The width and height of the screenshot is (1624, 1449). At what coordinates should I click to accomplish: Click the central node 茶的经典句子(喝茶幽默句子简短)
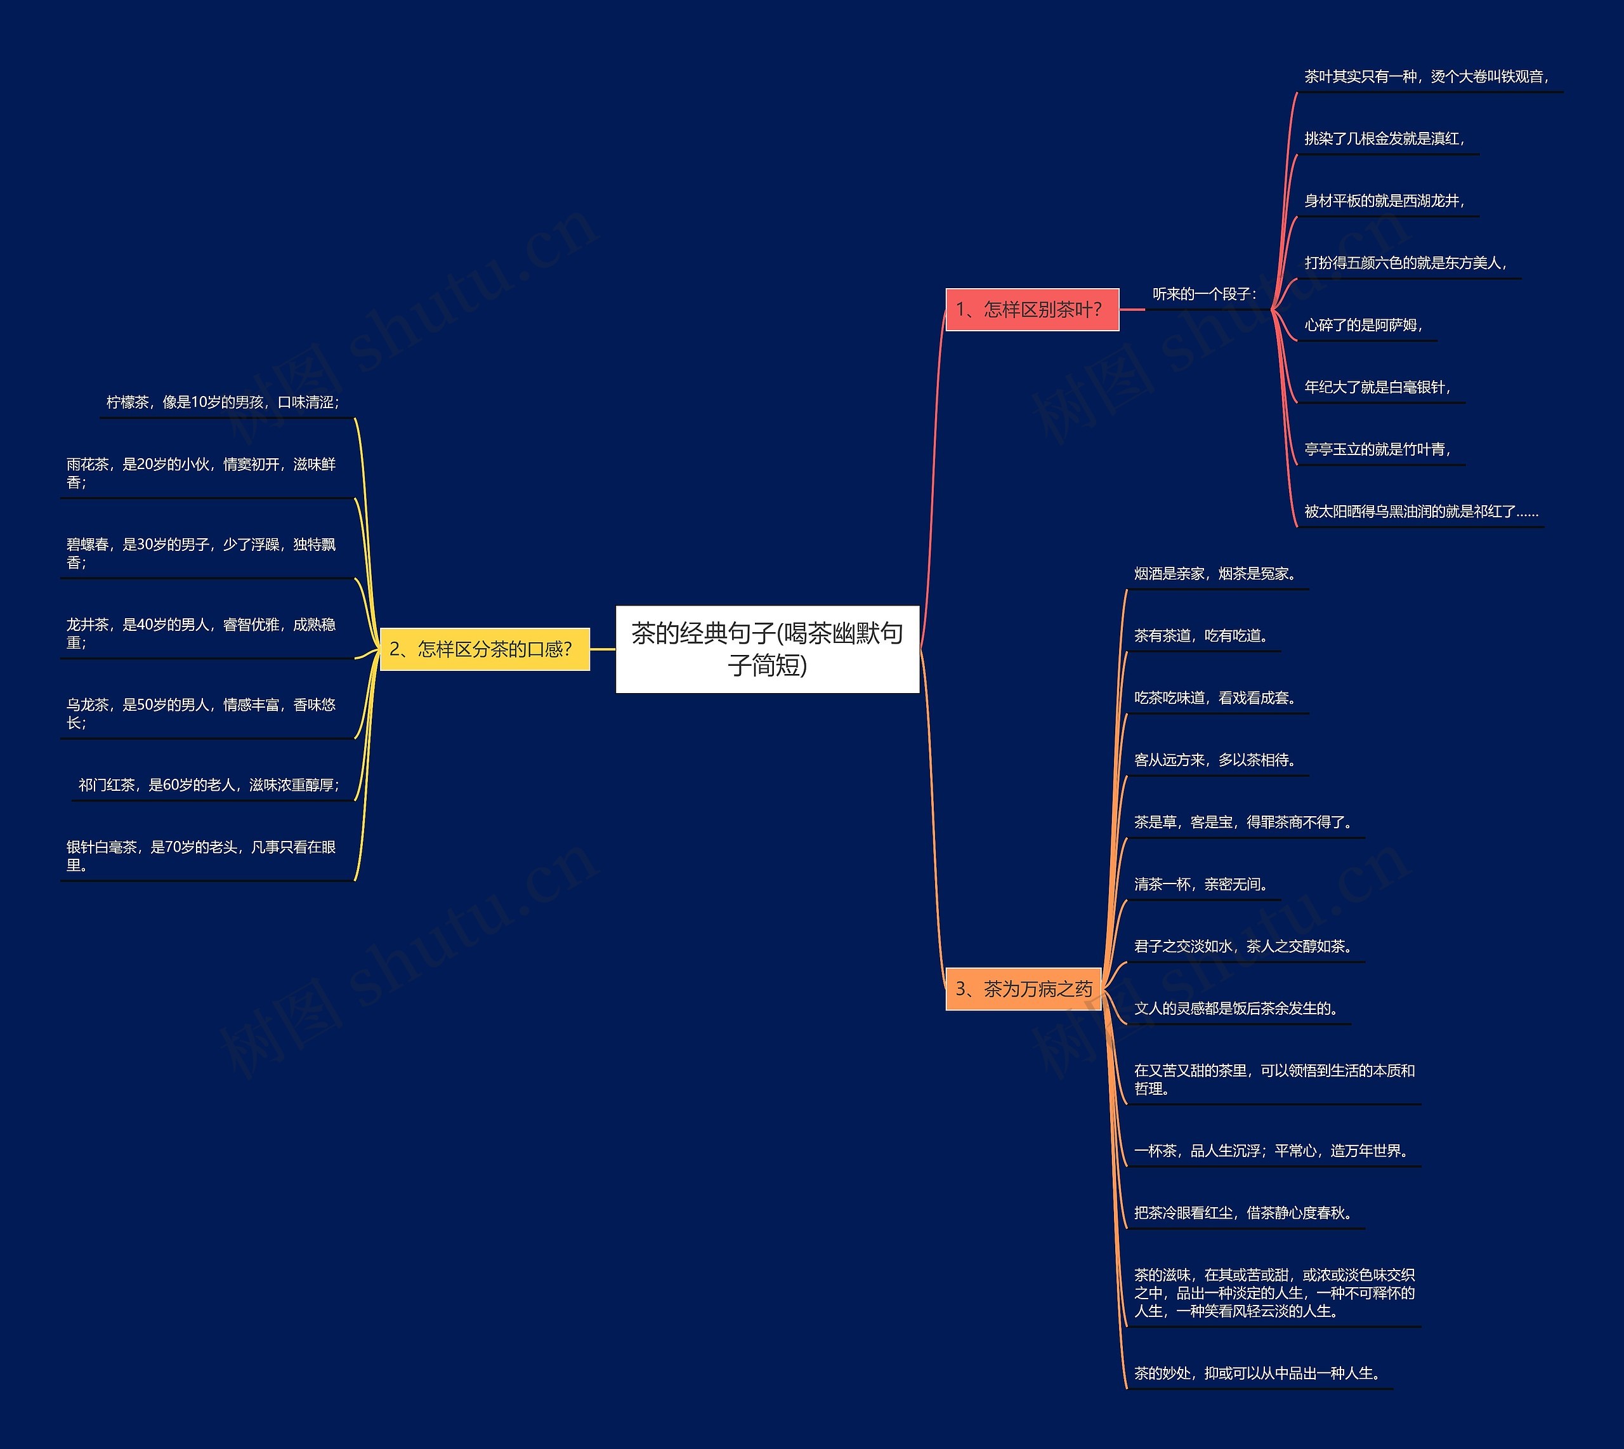click(767, 649)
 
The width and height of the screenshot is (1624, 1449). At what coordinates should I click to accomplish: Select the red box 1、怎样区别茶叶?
click(1032, 310)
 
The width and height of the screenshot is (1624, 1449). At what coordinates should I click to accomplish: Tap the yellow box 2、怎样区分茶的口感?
click(485, 649)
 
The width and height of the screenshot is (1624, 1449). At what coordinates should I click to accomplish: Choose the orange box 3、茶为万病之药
click(1023, 989)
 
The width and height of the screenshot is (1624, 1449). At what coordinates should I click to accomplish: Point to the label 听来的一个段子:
click(1205, 294)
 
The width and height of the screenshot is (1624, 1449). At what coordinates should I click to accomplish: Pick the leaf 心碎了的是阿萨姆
click(1364, 325)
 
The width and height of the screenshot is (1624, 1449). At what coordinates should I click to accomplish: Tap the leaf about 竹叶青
click(1378, 449)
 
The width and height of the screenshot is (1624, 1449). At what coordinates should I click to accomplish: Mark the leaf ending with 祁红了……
click(1421, 511)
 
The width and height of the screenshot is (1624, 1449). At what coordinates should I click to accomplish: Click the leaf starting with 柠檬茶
click(223, 402)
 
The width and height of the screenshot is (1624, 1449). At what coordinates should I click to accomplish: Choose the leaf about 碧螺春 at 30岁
click(201, 553)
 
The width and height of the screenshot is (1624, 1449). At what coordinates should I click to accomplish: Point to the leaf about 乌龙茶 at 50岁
click(201, 713)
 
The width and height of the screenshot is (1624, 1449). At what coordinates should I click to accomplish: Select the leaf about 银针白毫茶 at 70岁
click(201, 856)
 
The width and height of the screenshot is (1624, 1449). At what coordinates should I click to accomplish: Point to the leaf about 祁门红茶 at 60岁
click(209, 785)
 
